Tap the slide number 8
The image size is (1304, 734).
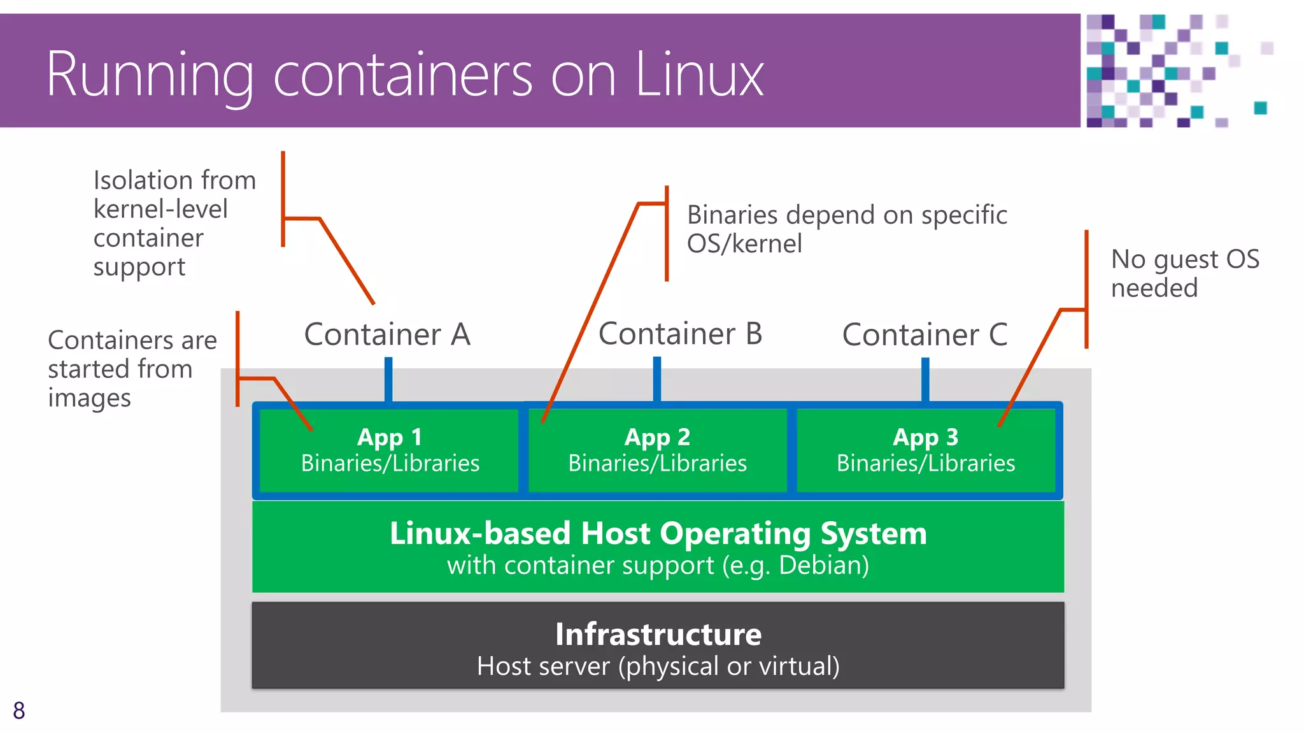[x=19, y=710]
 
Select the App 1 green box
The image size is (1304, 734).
[x=390, y=450]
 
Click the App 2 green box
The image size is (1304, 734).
[x=657, y=450]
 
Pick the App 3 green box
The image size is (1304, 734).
[x=925, y=450]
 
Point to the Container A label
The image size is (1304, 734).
[x=387, y=335]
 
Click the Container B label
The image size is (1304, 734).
[x=680, y=334]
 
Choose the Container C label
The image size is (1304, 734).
[x=925, y=335]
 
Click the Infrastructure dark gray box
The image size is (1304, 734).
[x=658, y=645]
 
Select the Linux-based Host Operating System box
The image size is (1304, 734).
[x=658, y=547]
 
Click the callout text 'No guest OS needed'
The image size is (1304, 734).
[x=1184, y=273]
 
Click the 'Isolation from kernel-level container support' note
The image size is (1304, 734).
[x=173, y=223]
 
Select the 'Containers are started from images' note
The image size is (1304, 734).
[x=131, y=369]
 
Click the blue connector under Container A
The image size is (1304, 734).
[x=388, y=379]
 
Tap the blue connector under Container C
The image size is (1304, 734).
[x=925, y=379]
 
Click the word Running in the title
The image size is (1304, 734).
[x=150, y=75]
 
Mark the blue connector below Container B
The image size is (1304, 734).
[x=657, y=379]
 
